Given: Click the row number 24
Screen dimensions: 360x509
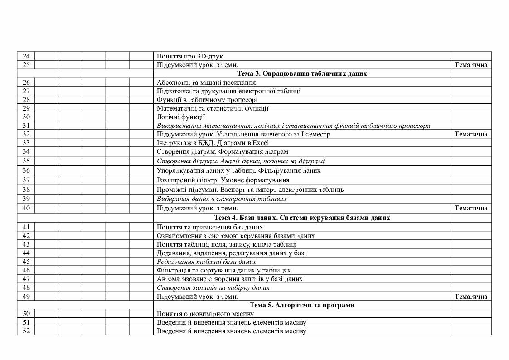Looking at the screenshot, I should (x=26, y=56).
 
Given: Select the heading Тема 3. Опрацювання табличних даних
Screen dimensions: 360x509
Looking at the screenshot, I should (x=301, y=73).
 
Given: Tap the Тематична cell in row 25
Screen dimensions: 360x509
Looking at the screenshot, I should (x=470, y=65).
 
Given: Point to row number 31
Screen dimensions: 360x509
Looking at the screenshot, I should (x=26, y=126).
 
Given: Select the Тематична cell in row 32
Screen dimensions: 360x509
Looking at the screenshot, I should (x=470, y=134).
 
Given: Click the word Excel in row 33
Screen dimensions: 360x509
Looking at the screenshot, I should (x=261, y=143).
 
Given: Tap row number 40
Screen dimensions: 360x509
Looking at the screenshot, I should (x=26, y=208).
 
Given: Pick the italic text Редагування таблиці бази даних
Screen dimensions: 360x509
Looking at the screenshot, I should (x=206, y=262).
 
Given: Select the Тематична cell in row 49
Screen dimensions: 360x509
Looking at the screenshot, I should (x=470, y=297).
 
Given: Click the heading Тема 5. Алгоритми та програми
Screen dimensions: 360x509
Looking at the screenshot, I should (x=301, y=305).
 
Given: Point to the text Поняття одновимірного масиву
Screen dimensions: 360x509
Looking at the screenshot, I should (x=205, y=314).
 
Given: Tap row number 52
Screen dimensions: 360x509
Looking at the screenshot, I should (x=26, y=331).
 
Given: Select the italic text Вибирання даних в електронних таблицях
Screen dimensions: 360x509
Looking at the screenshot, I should (x=222, y=199).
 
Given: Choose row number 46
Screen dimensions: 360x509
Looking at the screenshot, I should (x=26, y=270).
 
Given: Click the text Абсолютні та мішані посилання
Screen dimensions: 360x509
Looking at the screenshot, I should (x=206, y=83).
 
